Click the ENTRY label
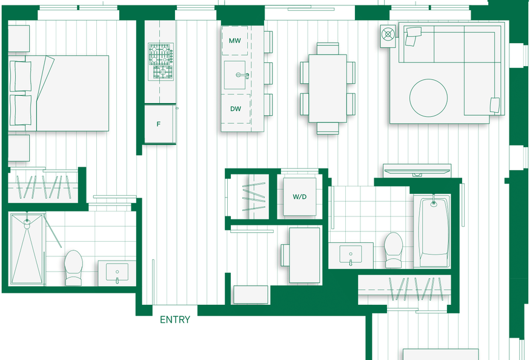click(x=175, y=319)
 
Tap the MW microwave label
click(x=235, y=41)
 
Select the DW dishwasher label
click(x=236, y=109)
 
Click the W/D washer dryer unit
click(x=300, y=196)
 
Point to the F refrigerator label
click(x=159, y=124)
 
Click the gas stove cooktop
click(x=161, y=61)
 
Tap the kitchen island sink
click(x=235, y=75)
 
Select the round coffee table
click(x=428, y=98)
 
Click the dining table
click(x=328, y=88)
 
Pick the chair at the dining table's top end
click(x=328, y=48)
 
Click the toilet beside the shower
click(x=74, y=268)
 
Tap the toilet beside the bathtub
click(x=394, y=250)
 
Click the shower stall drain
click(x=27, y=222)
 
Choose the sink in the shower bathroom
click(x=117, y=272)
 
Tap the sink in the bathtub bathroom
click(x=351, y=255)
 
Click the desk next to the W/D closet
click(x=305, y=255)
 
